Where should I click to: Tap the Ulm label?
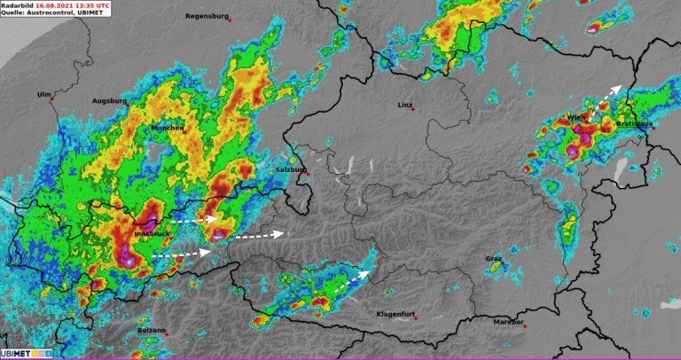43,94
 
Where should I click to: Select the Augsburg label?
110,101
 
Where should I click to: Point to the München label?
168,128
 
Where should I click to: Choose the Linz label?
405,105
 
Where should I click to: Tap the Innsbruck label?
148,233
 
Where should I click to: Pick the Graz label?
493,258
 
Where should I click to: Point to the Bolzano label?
151,330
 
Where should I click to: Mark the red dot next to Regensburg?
230,20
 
